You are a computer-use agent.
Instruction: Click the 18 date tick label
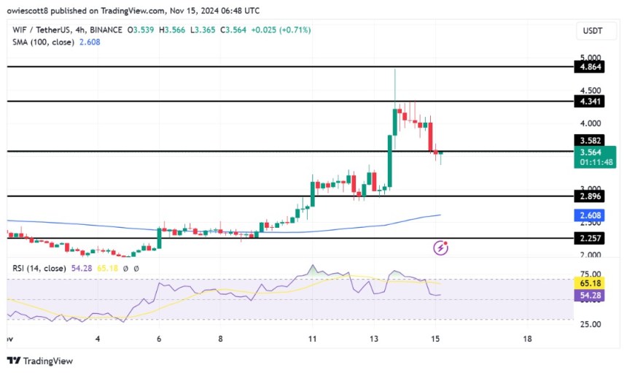[528, 339]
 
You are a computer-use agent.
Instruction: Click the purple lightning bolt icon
[440, 248]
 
